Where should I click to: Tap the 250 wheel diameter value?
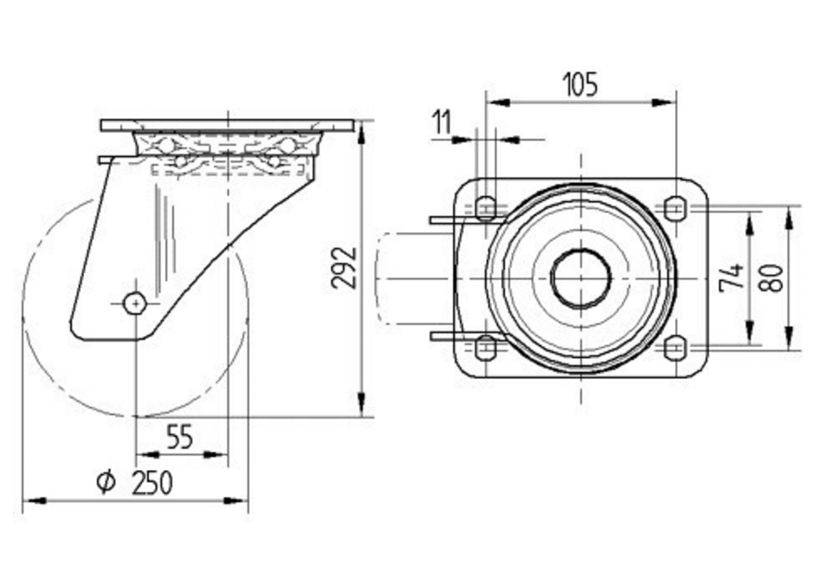tap(152, 483)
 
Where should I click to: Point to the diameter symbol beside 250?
tap(105, 483)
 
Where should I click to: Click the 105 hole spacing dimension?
tap(580, 84)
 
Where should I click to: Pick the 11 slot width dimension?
tap(441, 123)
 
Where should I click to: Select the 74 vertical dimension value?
tap(733, 278)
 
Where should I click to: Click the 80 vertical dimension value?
tap(774, 278)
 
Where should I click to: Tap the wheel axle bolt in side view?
tap(135, 302)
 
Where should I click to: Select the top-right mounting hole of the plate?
tap(674, 208)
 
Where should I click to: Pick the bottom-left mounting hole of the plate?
tap(486, 348)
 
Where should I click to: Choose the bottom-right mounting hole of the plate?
tap(674, 348)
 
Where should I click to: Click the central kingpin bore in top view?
tap(580, 279)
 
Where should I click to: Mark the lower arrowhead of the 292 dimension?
tap(361, 409)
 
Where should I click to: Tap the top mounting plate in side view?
tap(228, 126)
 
